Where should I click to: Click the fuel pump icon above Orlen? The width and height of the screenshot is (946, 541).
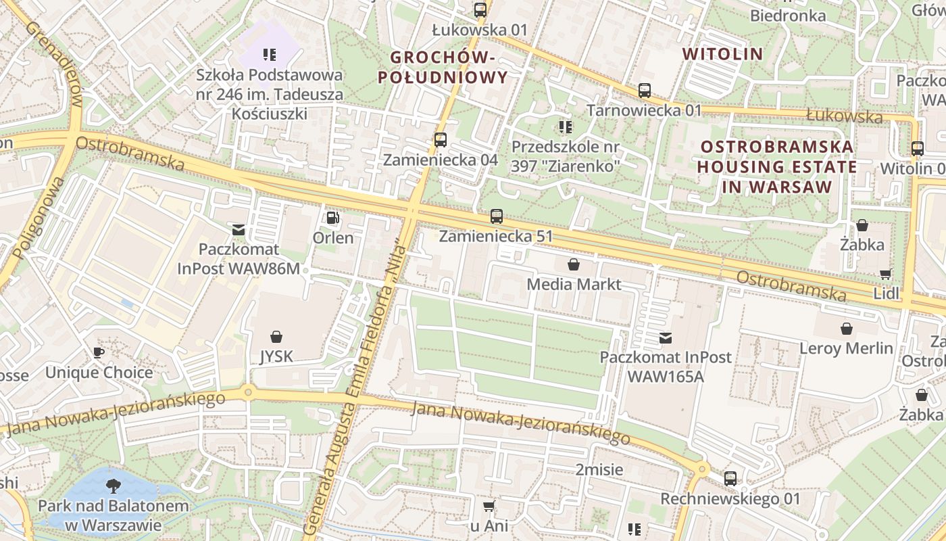click(332, 218)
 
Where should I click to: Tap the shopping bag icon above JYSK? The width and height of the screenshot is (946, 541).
click(276, 336)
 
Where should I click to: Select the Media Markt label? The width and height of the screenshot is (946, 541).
click(573, 284)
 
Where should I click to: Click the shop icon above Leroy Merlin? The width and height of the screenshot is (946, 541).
click(846, 329)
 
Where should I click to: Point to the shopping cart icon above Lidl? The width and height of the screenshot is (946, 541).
click(885, 274)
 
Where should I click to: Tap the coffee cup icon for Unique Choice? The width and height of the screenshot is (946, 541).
click(99, 352)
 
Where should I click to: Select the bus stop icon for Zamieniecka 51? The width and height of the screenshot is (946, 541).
click(497, 216)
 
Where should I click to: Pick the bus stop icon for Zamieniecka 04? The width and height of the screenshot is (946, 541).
click(441, 140)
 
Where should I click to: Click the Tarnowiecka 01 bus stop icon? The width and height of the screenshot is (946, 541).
click(645, 90)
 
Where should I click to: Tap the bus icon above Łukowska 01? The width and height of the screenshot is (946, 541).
click(480, 10)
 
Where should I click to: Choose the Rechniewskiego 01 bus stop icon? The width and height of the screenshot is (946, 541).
click(730, 479)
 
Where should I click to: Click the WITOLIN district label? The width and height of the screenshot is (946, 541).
click(722, 54)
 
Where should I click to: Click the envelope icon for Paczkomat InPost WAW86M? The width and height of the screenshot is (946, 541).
click(238, 230)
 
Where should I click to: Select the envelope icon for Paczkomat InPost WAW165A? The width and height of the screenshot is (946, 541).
click(666, 337)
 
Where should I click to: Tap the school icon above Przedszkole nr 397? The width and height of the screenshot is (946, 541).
click(565, 126)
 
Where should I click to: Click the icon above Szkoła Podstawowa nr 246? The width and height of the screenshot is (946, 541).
click(269, 54)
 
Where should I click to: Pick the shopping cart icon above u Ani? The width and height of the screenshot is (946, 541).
click(489, 506)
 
